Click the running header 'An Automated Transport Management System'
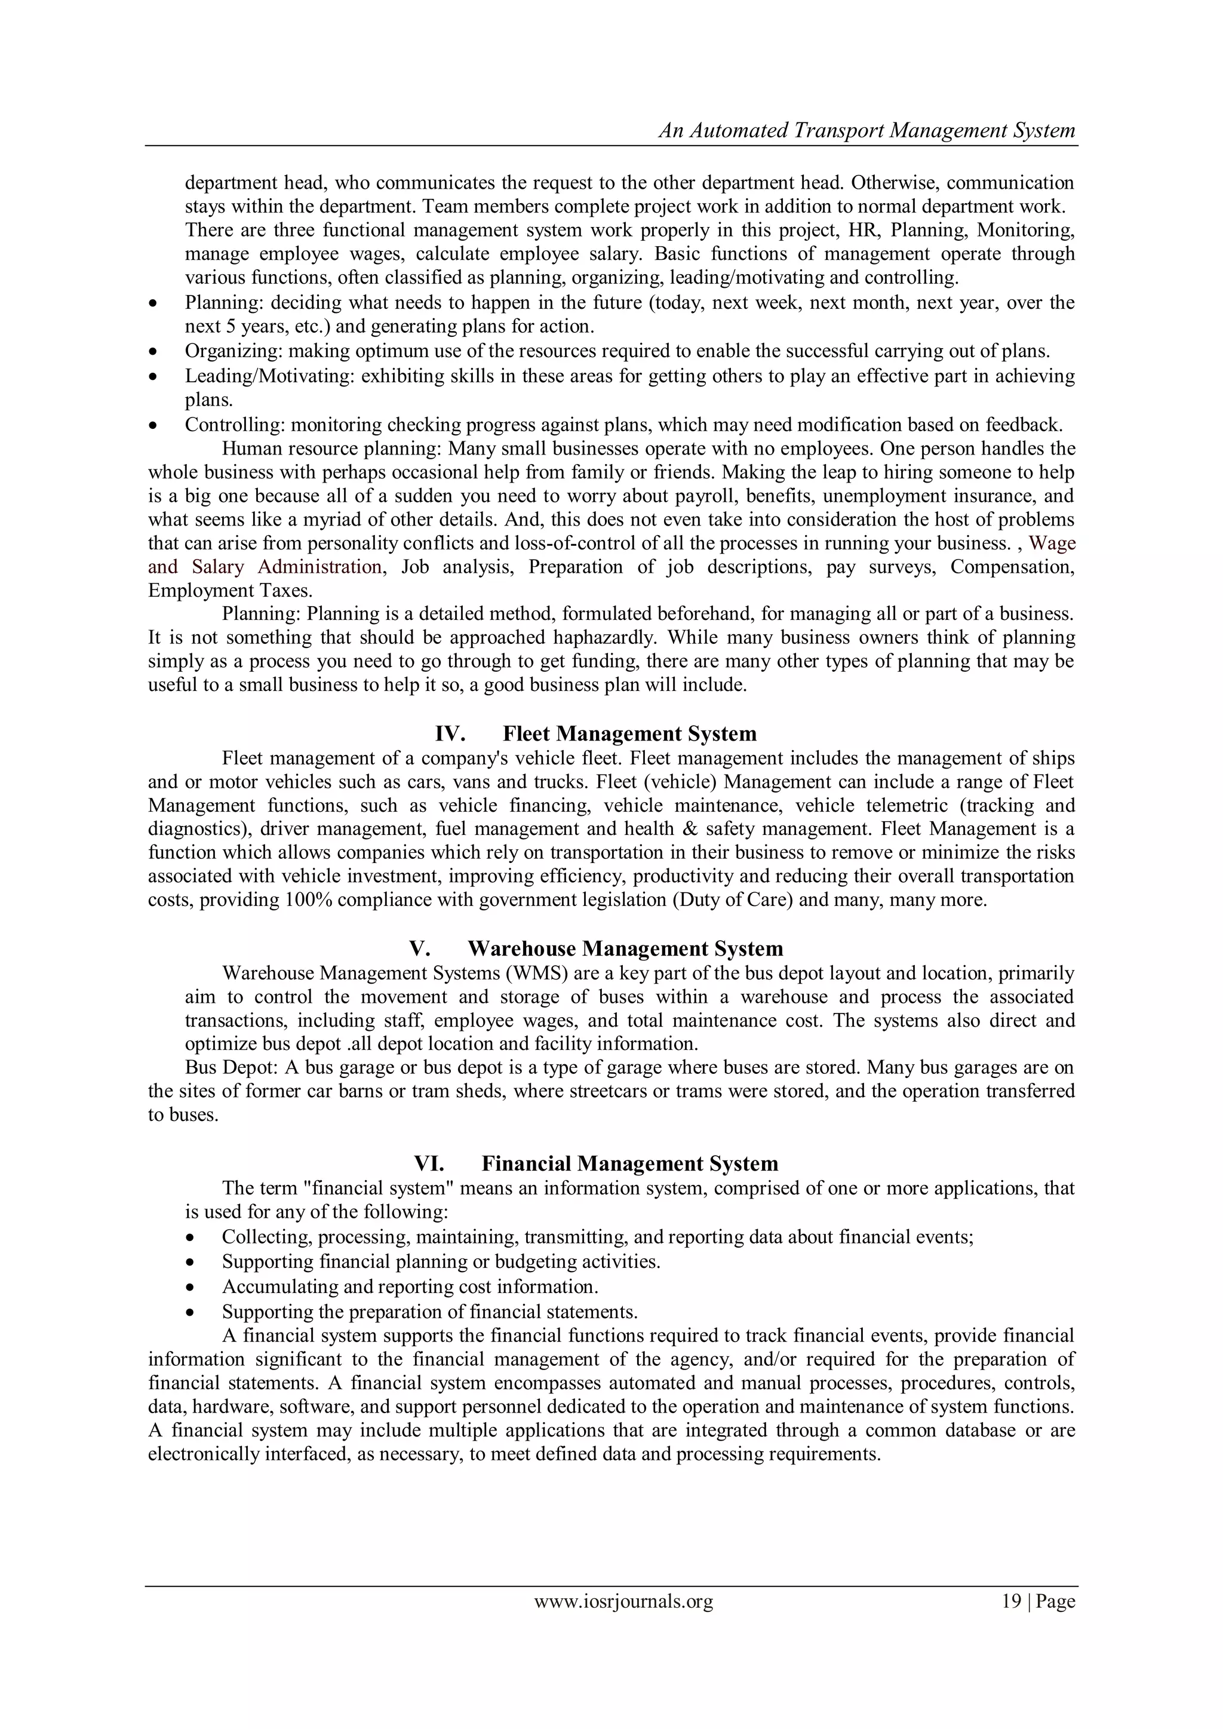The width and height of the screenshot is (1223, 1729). point(867,130)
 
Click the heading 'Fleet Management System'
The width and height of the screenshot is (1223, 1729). point(629,733)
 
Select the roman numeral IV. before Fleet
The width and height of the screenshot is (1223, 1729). point(450,733)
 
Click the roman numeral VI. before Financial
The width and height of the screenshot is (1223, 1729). point(429,1163)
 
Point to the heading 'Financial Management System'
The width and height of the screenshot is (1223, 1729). point(629,1163)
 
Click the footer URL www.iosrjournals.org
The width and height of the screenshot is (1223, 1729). point(623,1602)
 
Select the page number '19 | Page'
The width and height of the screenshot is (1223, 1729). point(1038,1602)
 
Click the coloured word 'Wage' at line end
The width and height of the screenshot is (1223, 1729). point(1052,543)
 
